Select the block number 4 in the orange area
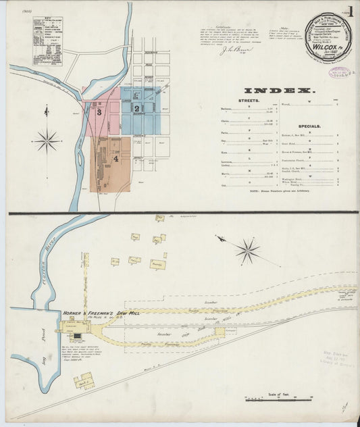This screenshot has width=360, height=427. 116,159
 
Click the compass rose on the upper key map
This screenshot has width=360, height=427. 47,141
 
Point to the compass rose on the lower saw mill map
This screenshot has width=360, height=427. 247,251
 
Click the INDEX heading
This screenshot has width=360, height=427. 279,91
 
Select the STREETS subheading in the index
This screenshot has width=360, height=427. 233,99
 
